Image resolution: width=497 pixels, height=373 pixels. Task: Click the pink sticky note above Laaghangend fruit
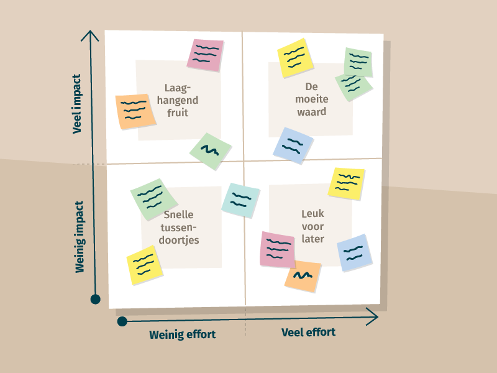[205, 55]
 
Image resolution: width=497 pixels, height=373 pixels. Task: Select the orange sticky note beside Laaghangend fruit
[135, 112]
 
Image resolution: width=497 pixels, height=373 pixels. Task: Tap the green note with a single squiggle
[211, 151]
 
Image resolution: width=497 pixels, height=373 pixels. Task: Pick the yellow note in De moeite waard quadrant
[295, 58]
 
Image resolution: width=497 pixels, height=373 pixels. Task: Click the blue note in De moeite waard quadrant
[293, 145]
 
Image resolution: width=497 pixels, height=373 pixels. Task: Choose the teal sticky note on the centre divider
[240, 200]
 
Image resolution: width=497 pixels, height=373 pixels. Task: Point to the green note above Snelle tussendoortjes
[151, 199]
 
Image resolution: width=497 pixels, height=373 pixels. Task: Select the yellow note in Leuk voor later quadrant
[347, 183]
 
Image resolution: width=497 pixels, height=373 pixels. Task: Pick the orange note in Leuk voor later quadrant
[303, 276]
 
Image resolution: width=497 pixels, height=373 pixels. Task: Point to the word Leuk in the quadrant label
[312, 214]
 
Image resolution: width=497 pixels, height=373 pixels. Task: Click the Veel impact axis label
[78, 104]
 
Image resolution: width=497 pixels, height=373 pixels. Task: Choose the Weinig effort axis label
[182, 334]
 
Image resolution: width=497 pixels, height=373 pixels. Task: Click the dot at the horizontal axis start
[122, 321]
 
